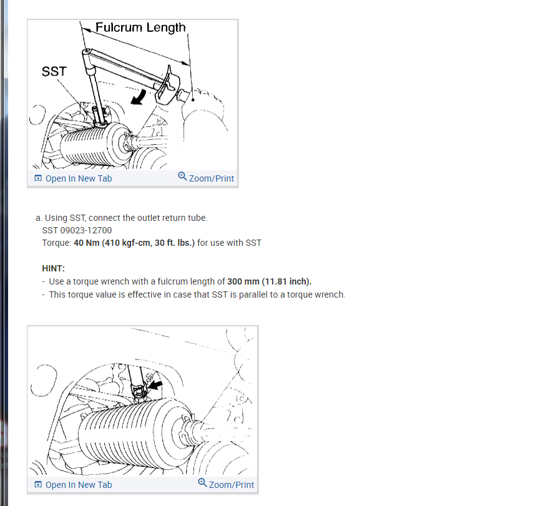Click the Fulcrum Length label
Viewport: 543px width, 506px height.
click(140, 27)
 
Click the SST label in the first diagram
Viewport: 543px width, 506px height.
click(54, 72)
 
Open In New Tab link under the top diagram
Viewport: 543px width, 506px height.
click(79, 178)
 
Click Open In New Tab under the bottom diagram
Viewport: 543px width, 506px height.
click(79, 485)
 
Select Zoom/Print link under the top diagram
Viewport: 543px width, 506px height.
click(211, 178)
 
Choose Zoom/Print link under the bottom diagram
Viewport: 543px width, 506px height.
click(231, 485)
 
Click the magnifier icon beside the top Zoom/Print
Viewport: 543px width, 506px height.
click(182, 177)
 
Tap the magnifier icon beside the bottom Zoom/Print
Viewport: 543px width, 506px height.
click(202, 483)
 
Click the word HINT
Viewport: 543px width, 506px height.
click(54, 268)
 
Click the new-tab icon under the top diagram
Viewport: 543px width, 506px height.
click(39, 178)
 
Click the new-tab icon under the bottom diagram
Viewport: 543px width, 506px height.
click(39, 485)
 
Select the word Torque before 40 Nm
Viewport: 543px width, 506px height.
click(56, 243)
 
